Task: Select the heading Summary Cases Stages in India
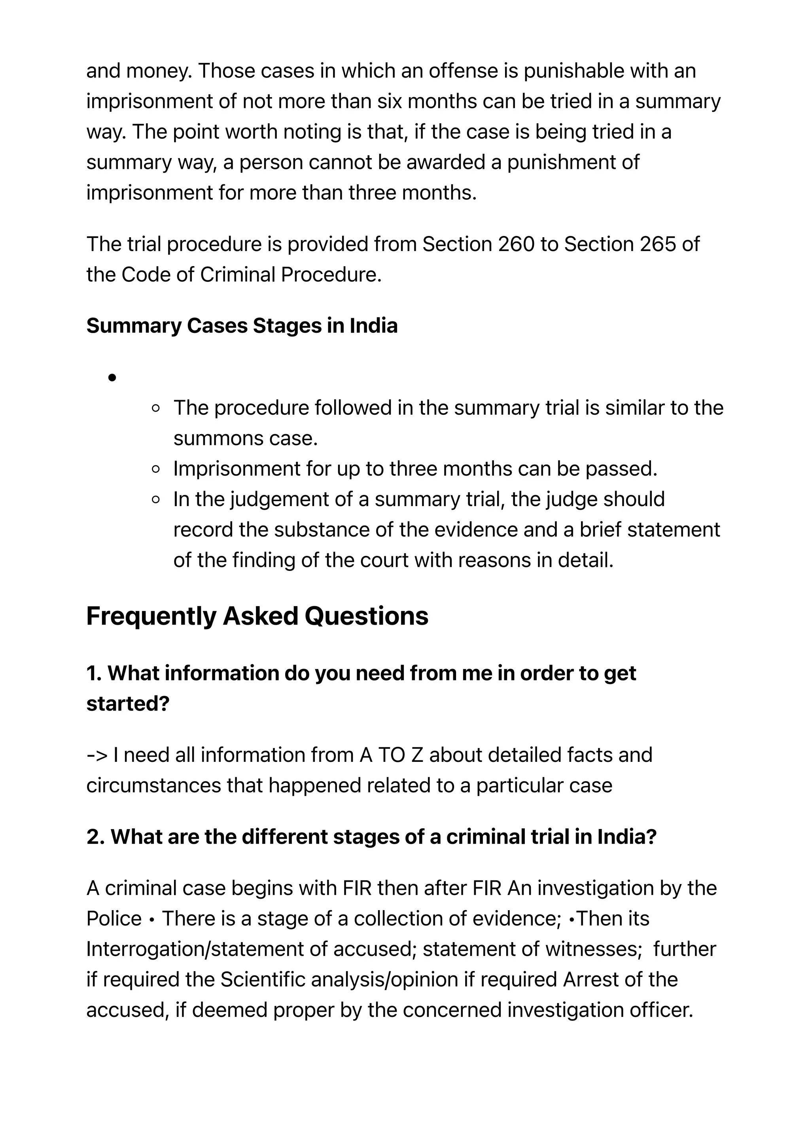coord(242,326)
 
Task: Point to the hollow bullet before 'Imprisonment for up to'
coord(155,469)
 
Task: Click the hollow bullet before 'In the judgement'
coord(155,499)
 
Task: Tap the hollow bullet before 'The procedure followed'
coord(155,408)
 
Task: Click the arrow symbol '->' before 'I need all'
coord(97,755)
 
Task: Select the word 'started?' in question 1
coord(128,704)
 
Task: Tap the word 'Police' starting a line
coord(114,918)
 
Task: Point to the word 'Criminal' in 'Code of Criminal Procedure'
coord(237,275)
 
